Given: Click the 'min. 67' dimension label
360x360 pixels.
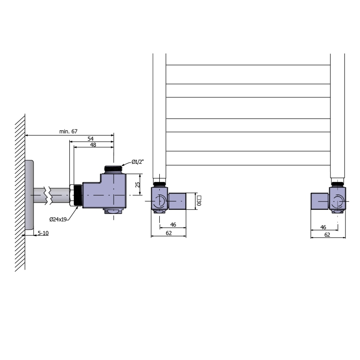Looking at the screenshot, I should [68, 131].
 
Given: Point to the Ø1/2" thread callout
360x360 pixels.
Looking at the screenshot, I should [137, 162].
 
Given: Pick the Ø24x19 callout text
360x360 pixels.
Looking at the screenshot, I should [58, 219].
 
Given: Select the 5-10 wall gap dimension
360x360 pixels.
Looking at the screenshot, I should [43, 233].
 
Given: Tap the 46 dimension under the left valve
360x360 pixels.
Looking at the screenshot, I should [173, 225].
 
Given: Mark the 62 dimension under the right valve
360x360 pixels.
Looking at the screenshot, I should [327, 234].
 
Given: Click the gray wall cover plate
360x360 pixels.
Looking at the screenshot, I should [29, 195].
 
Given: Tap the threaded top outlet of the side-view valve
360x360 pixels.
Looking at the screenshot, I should [113, 169].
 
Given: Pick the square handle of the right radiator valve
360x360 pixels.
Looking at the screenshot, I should [319, 201].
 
